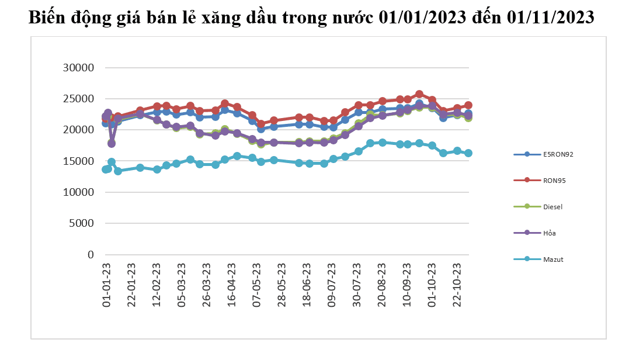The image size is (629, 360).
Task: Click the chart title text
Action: point(312,18)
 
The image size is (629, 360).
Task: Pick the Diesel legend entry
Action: point(552,206)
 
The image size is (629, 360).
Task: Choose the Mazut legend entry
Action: point(552,259)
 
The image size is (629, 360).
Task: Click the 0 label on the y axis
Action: point(91,255)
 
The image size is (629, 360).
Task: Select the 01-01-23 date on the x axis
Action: point(107,285)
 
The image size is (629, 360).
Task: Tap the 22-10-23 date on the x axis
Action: point(458,285)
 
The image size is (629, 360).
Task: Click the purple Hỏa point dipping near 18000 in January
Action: point(112,143)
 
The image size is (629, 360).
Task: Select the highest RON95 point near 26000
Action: point(419,94)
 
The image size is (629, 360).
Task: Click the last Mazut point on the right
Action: point(468,153)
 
